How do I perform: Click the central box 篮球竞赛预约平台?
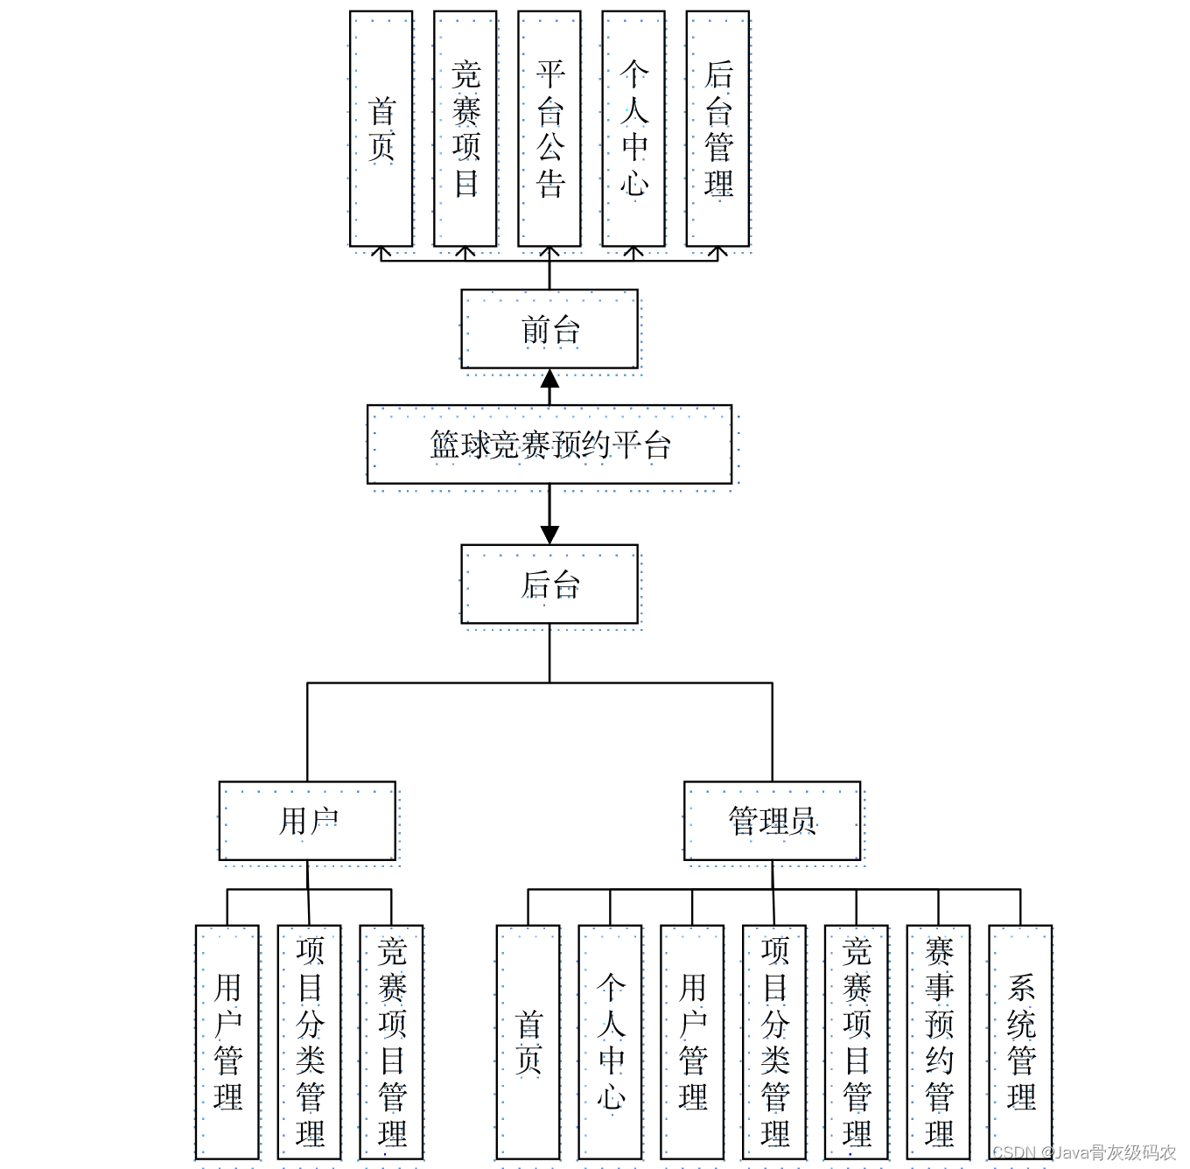[549, 444]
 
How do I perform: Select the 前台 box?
[549, 330]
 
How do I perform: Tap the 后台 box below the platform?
[549, 584]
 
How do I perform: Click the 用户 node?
[307, 821]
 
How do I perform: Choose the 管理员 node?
[772, 821]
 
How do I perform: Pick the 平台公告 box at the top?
[549, 129]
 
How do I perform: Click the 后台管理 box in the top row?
[717, 129]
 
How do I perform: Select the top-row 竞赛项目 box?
[465, 129]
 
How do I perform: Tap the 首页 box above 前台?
[381, 129]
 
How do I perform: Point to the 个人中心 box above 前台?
[633, 129]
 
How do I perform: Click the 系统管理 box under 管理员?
[1020, 1042]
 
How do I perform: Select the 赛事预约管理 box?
[938, 1042]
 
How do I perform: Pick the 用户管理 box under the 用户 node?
[227, 1042]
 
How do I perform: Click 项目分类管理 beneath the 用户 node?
[310, 1042]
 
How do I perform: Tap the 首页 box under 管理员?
[528, 1042]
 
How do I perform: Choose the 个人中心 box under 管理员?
[610, 1042]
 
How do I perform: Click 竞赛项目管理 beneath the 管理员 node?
[856, 1042]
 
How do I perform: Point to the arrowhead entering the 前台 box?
[549, 379]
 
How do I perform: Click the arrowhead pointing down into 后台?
[549, 535]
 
